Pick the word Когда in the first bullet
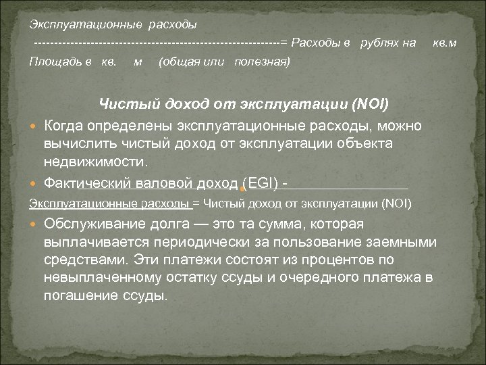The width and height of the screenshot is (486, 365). click(65, 126)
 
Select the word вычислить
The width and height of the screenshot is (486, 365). click(76, 144)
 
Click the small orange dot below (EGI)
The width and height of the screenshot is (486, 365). click(242, 191)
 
